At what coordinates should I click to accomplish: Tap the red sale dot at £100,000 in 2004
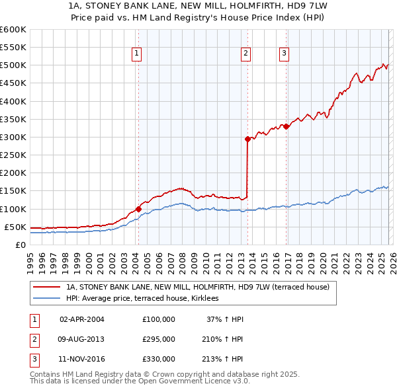pos(138,209)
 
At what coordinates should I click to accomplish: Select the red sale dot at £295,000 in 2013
pos(247,139)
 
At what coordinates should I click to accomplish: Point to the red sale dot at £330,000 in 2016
pos(286,126)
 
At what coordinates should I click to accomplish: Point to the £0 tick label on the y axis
pos(21,245)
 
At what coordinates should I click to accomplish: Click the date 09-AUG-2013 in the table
pos(81,339)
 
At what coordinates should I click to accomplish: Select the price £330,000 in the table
pos(159,359)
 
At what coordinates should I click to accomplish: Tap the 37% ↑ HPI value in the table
pos(225,319)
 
